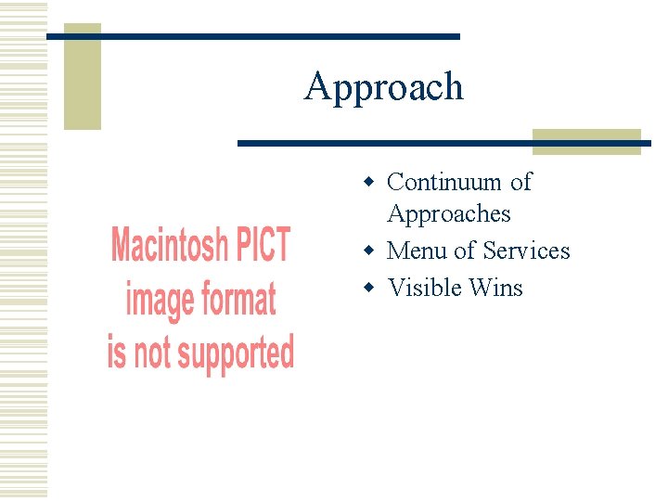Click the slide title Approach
point(383,87)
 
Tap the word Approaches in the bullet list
point(449,214)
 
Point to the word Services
point(526,250)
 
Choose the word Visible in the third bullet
point(425,288)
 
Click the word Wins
point(496,288)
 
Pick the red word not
point(152,353)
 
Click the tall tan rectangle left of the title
point(82,79)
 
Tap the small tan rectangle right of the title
point(586,141)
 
